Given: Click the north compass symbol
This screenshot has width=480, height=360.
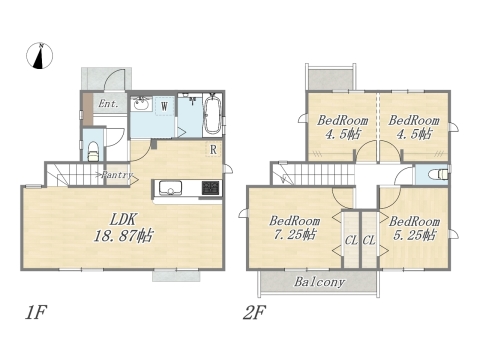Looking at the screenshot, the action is (x=40, y=56).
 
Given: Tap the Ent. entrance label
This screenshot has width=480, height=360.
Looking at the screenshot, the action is (x=109, y=104).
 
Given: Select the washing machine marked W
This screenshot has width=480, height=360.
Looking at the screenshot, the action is (x=165, y=106).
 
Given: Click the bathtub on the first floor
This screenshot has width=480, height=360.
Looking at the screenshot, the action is (x=212, y=114).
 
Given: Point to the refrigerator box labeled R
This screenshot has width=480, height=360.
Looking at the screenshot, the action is (x=213, y=149).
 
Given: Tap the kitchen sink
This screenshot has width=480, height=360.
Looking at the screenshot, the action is (x=170, y=188).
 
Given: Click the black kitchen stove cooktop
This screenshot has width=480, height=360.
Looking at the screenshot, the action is (x=210, y=188).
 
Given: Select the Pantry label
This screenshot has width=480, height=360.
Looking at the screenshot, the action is (x=117, y=175).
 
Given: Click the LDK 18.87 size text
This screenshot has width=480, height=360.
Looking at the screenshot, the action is (x=123, y=228).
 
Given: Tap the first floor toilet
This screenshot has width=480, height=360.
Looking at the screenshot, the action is (x=93, y=152).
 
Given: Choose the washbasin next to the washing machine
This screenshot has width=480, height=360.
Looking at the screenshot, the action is (x=141, y=104).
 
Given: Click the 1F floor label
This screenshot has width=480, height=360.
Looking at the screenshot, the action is (x=35, y=313).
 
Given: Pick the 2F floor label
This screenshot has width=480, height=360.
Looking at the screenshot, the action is (x=254, y=313).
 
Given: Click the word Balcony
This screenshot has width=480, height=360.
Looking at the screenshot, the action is (x=319, y=282).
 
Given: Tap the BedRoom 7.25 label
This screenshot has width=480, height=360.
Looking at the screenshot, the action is (x=295, y=228).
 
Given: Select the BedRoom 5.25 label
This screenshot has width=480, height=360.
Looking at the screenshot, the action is (x=415, y=228).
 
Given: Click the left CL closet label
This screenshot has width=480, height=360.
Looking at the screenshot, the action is (x=351, y=240).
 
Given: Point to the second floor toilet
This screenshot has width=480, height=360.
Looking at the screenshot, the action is (x=438, y=174).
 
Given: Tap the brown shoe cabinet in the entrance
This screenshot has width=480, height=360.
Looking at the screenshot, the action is (x=88, y=109).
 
